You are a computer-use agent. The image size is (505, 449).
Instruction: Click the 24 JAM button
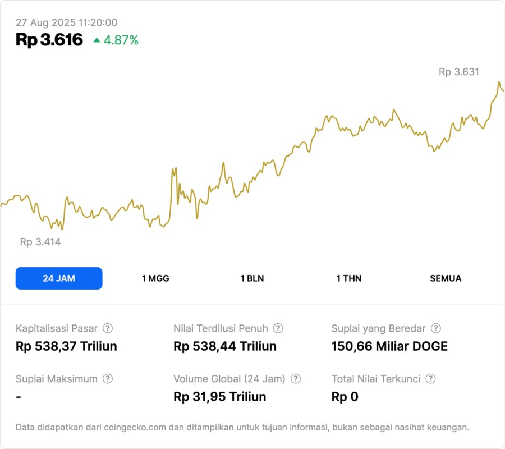pos(59,278)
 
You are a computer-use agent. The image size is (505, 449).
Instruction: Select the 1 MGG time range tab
pos(155,278)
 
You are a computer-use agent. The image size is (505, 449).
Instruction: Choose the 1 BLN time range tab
pos(252,278)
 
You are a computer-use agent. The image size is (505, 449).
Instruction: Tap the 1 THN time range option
pos(349,278)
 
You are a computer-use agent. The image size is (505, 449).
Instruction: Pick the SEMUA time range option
pos(446,278)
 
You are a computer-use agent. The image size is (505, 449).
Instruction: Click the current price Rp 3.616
pos(49,40)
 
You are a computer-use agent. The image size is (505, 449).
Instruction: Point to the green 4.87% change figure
pos(121,40)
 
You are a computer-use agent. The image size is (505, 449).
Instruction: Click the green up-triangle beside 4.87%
pos(97,40)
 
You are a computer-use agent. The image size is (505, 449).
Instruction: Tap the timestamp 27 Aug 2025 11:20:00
pos(66,22)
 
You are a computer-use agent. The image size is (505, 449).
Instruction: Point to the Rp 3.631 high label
pos(459,72)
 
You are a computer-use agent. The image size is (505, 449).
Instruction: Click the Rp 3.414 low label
pos(40,242)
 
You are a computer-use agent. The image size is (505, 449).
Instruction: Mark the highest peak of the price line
pos(499,82)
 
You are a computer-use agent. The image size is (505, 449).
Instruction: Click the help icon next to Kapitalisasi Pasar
pos(108,328)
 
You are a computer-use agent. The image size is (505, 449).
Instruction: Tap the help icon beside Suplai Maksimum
pos(108,379)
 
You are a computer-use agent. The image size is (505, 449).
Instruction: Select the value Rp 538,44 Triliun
pos(225,346)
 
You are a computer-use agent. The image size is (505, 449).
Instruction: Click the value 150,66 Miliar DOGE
pos(389,346)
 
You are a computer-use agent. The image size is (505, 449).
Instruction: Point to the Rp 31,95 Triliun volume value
pos(220,397)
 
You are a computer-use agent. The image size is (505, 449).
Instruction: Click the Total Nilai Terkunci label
pos(376,379)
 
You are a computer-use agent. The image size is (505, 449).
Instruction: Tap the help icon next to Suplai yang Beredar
pos(436,328)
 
